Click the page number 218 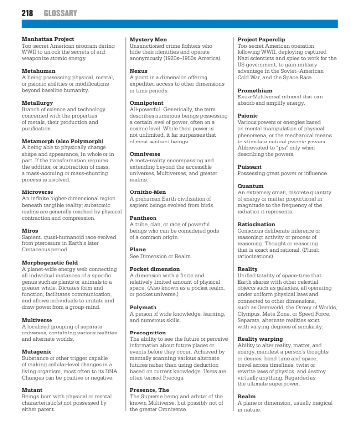point(27,13)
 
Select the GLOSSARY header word point(60,13)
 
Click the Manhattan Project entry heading point(48,39)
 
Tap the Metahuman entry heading point(39,71)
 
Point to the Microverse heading point(38,192)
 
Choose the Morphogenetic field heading point(50,262)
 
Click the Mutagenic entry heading point(38,352)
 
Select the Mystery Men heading point(148,39)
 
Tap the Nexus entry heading point(138,71)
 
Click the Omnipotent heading point(147,103)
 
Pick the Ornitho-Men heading point(148,192)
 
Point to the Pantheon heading point(143,218)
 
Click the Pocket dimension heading point(154,269)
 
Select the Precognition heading point(148,333)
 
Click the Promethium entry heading point(255,91)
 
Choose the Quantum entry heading point(251,186)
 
